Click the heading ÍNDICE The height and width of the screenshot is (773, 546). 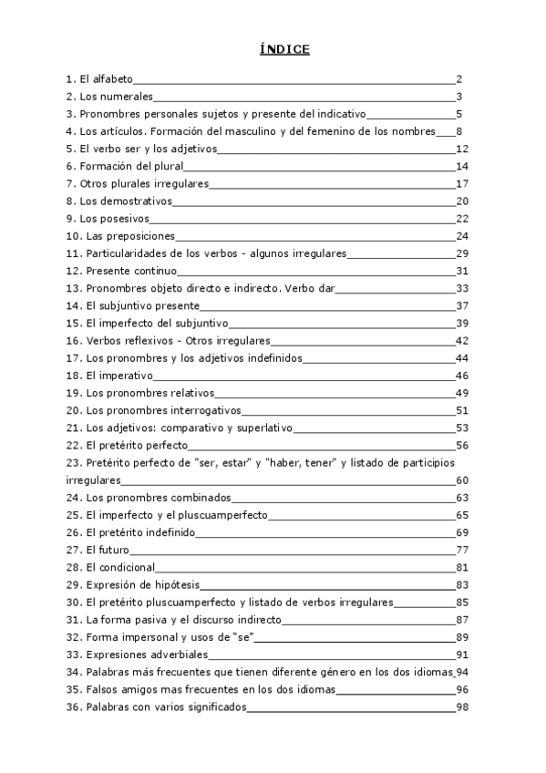pos(283,49)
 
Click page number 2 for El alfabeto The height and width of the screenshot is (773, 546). pos(460,79)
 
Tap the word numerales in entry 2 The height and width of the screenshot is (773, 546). pos(129,97)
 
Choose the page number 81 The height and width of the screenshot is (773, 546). pos(461,567)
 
